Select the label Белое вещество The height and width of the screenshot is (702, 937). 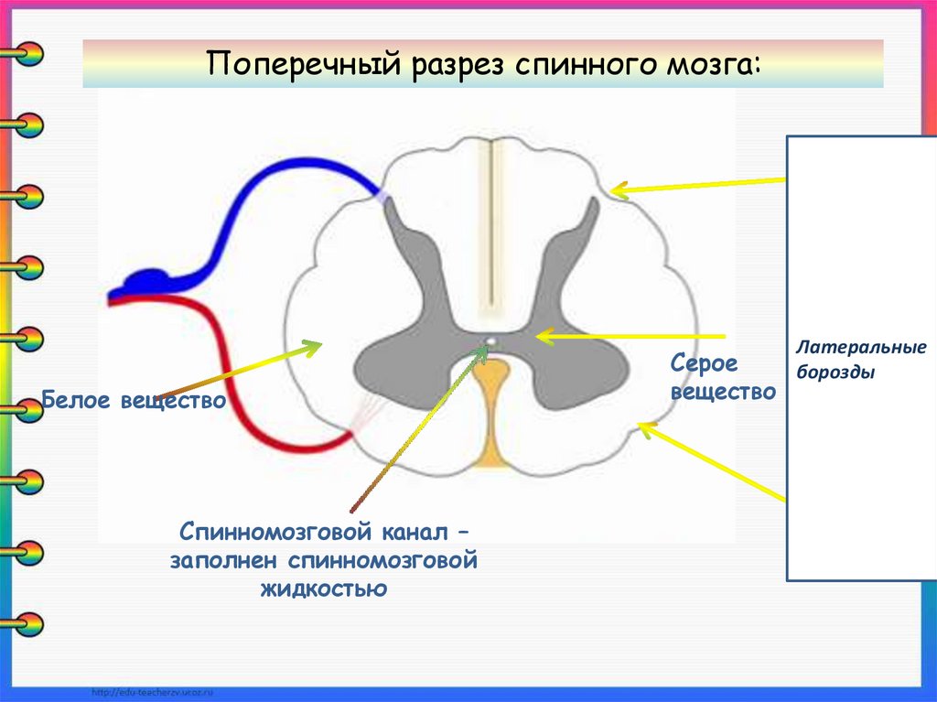[x=134, y=401]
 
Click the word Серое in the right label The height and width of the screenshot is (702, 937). [x=704, y=363]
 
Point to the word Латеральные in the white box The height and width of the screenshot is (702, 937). [x=860, y=348]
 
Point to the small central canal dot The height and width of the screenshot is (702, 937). [x=491, y=342]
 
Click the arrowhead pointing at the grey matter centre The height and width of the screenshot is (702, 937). [x=543, y=337]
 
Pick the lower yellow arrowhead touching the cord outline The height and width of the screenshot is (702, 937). [x=648, y=428]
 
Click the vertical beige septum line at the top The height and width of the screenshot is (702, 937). [x=493, y=220]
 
